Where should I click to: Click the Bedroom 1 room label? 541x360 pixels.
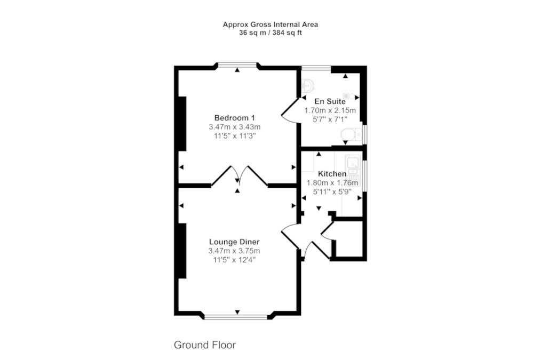(x=235, y=118)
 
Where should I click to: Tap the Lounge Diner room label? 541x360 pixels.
(x=234, y=242)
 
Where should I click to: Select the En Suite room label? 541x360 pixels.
(x=330, y=101)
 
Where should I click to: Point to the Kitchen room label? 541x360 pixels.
(x=332, y=174)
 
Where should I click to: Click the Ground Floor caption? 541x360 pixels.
(x=205, y=345)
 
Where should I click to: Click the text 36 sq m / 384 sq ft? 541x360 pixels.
(x=270, y=33)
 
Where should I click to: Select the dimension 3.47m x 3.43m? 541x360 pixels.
(x=235, y=127)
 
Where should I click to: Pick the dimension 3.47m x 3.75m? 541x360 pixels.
(x=234, y=251)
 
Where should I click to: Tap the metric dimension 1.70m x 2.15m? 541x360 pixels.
(x=330, y=111)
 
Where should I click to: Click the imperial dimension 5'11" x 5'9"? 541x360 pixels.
(x=332, y=191)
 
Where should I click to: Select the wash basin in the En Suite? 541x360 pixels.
(x=307, y=85)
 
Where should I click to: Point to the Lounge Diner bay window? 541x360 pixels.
(x=236, y=316)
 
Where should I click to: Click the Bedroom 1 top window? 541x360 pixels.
(x=237, y=65)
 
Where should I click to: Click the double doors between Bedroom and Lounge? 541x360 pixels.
(x=239, y=176)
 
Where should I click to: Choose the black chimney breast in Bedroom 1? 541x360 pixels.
(x=182, y=124)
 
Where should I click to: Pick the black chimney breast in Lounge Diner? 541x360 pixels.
(x=182, y=251)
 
